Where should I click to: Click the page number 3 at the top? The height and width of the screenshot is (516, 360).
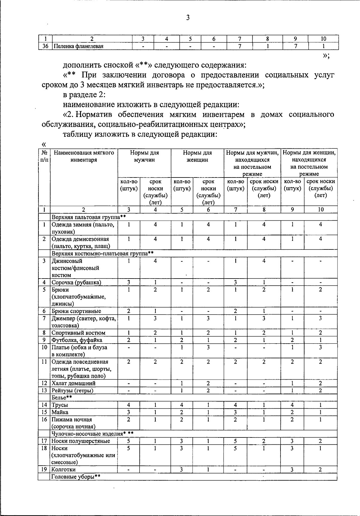pyautogui.click(x=188, y=18)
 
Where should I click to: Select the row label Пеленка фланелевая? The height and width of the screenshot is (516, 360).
pyautogui.click(x=78, y=46)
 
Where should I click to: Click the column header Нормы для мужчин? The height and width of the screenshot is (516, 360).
pyautogui.click(x=144, y=156)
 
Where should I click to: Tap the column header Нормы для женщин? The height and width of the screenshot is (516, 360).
pyautogui.click(x=197, y=156)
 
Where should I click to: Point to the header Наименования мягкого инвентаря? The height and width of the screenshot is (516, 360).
pyautogui.click(x=84, y=156)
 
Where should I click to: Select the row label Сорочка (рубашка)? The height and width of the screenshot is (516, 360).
pyautogui.click(x=76, y=282)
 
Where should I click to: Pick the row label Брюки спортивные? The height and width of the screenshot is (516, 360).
pyautogui.click(x=76, y=311)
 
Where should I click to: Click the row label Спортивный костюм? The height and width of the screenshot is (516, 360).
pyautogui.click(x=78, y=333)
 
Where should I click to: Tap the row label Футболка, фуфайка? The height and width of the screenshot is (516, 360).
pyautogui.click(x=77, y=340)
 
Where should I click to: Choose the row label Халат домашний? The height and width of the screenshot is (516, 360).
pyautogui.click(x=73, y=383)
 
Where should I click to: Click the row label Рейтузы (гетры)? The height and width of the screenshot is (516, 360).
pyautogui.click(x=72, y=390)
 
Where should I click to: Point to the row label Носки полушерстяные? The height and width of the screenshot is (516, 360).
pyautogui.click(x=81, y=441)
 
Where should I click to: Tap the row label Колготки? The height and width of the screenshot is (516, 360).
pyautogui.click(x=63, y=470)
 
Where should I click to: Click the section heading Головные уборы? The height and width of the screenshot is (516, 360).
pyautogui.click(x=76, y=477)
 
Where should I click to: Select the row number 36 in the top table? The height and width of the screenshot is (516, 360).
pyautogui.click(x=45, y=46)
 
